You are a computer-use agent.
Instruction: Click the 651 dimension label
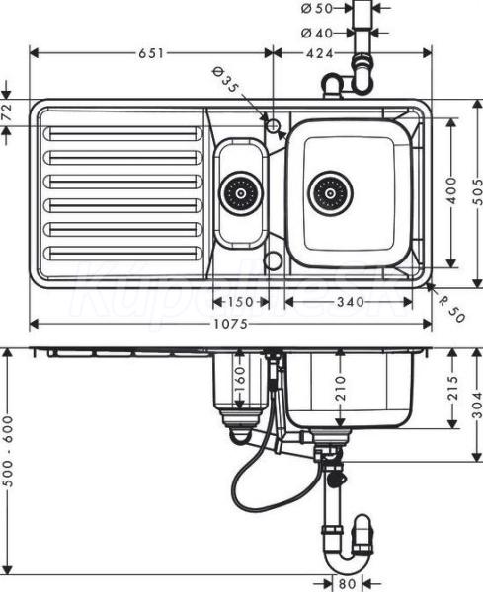pos(151,53)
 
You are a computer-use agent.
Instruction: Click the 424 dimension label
pos(320,53)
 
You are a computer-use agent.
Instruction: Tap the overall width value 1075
pos(230,324)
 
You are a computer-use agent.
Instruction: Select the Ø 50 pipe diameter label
pos(317,8)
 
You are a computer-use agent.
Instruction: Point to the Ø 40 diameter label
pos(317,34)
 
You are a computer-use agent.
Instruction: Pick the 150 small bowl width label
pos(240,302)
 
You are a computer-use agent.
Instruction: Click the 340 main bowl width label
pos(351,302)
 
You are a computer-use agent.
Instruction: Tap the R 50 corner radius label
pos(451,310)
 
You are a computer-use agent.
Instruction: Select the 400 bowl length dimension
pos(451,190)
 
